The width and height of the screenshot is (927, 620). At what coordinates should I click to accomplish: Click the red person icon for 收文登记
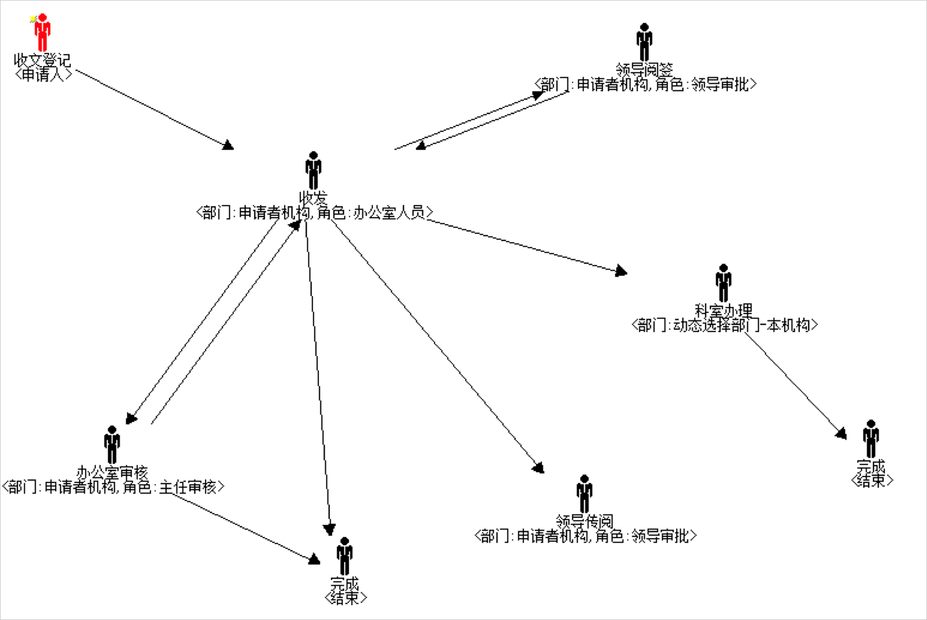point(42,34)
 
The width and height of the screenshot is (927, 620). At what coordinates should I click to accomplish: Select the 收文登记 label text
point(42,60)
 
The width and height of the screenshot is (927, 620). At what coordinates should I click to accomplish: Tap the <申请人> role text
point(43,74)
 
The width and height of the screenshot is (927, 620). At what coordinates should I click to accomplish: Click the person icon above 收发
point(313,170)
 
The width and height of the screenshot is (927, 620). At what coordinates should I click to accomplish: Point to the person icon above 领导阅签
point(644,41)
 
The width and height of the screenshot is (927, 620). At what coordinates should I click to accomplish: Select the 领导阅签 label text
point(644,70)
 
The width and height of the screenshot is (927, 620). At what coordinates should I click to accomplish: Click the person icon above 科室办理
point(723,283)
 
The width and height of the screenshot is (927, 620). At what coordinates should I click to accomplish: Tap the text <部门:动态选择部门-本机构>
point(724,325)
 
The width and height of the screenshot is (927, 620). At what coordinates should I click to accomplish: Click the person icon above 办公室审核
point(112,444)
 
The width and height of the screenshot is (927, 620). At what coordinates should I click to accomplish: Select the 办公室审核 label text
point(112,473)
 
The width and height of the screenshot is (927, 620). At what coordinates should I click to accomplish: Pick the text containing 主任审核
point(113,487)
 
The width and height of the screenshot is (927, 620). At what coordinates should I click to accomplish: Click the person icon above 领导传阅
point(584,493)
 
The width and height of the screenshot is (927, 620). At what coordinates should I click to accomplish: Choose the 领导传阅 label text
point(584,521)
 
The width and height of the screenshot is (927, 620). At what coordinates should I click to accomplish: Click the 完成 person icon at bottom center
point(344,556)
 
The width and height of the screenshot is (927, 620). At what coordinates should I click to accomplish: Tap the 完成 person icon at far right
point(871,438)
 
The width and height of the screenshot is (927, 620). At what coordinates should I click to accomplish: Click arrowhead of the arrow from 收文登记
point(228,145)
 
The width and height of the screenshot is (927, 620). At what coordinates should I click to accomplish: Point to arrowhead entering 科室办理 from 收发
point(621,271)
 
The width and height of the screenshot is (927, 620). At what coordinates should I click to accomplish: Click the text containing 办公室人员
point(314,213)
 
